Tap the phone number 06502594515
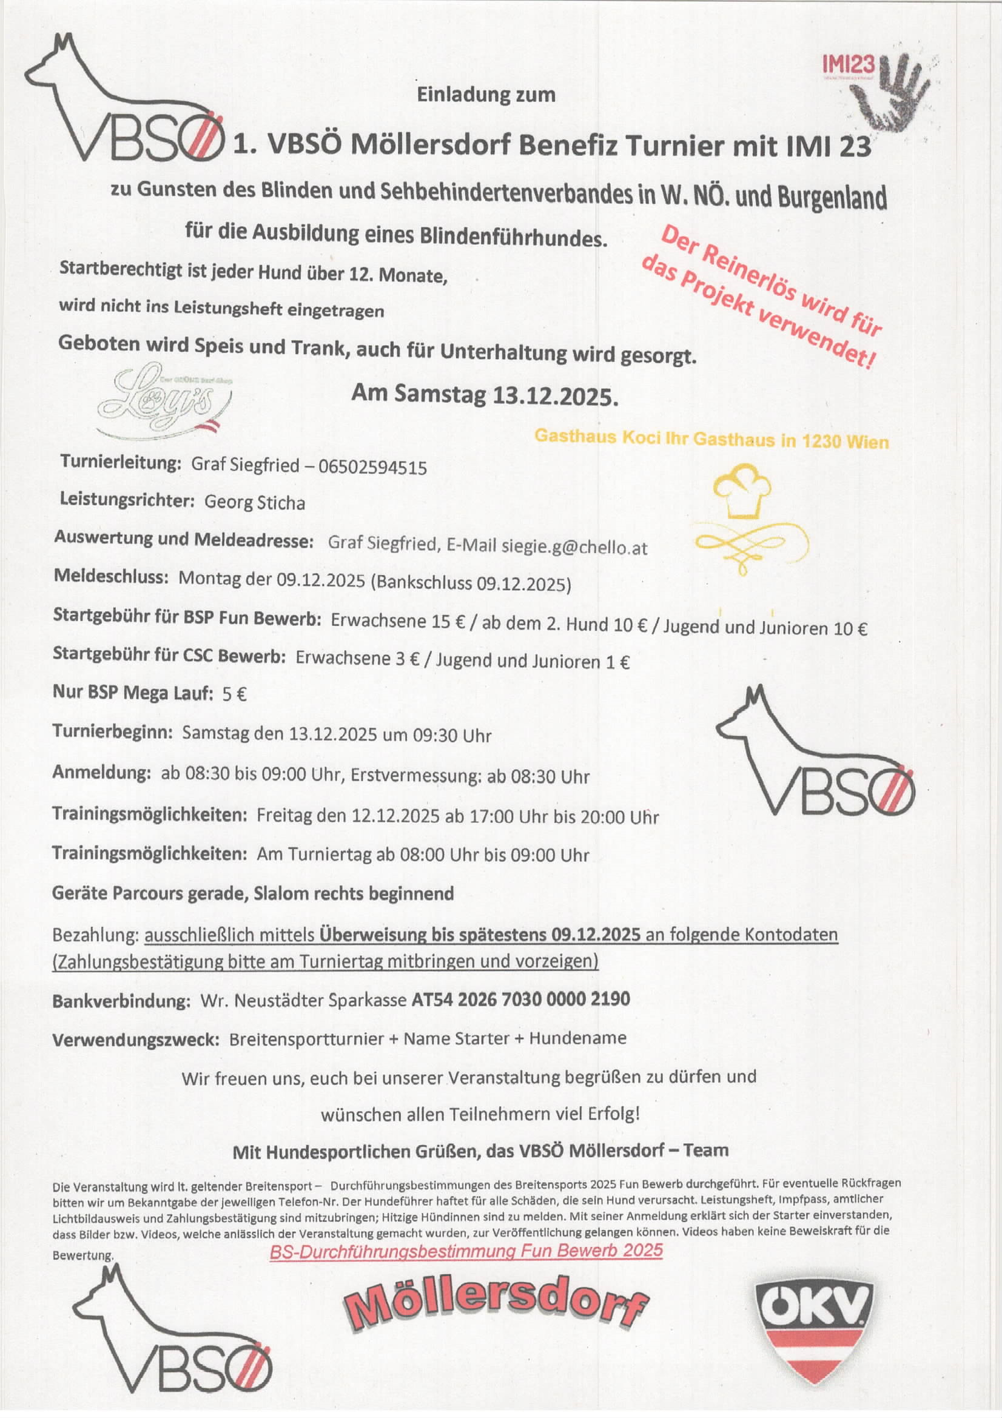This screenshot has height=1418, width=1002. pos(372,467)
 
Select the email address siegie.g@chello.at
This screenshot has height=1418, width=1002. pos(574,546)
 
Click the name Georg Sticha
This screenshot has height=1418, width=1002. pos(255,503)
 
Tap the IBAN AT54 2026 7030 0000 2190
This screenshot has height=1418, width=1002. pos(521,999)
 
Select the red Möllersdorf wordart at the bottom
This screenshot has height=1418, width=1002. pos(496,1308)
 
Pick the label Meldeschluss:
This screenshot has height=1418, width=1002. pos(111,577)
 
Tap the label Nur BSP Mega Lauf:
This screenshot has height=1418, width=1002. pos(132,693)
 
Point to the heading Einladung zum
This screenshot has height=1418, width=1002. pos(486,95)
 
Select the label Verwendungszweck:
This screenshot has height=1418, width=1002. pos(135,1040)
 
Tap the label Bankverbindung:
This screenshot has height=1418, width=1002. pos(121,1001)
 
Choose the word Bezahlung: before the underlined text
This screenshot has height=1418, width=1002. pos(95,935)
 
